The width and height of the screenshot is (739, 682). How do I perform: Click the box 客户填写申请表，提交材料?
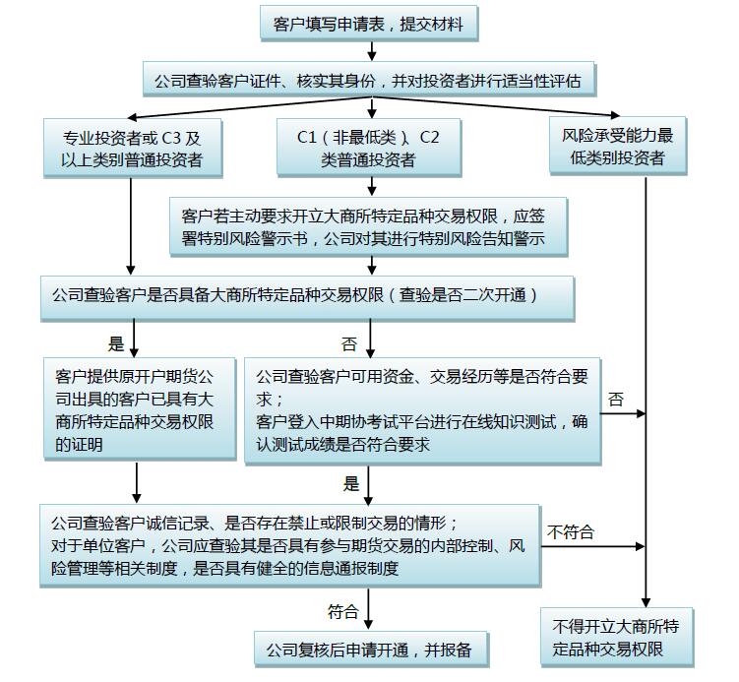[x=369, y=23]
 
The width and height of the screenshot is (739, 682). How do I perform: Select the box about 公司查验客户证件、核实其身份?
[x=369, y=79]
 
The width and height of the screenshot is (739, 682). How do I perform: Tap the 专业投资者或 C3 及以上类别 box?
[x=133, y=148]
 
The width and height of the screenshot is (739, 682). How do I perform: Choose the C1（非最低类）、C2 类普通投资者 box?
[x=369, y=148]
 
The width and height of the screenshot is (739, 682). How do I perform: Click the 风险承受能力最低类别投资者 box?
[x=618, y=146]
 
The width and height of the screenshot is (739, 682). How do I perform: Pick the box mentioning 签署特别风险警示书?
[x=369, y=226]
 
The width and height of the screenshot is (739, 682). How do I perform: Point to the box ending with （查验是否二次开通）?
[x=307, y=298]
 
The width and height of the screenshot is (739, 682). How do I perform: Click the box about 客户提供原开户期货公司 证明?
[x=140, y=408]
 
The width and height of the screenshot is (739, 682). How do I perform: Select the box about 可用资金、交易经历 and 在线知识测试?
[x=423, y=411]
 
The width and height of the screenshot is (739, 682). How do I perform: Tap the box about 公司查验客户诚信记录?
[x=290, y=546]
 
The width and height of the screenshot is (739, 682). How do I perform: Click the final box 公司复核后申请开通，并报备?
[x=371, y=650]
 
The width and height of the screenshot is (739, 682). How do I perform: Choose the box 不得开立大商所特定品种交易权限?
[x=617, y=637]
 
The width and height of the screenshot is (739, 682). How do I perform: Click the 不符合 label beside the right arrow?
[x=571, y=532]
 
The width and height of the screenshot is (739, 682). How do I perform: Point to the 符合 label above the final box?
[x=343, y=612]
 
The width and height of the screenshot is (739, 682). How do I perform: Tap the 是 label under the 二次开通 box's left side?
[x=116, y=343]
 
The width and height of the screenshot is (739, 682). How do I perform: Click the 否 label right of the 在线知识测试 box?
[x=616, y=400]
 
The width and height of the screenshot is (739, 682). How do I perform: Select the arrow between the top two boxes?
[x=372, y=51]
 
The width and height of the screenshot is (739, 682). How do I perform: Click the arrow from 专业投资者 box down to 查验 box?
[x=131, y=226]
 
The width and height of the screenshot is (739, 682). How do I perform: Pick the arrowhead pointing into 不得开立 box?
[x=646, y=603]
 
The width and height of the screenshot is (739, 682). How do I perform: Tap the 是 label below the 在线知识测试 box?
[x=351, y=483]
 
